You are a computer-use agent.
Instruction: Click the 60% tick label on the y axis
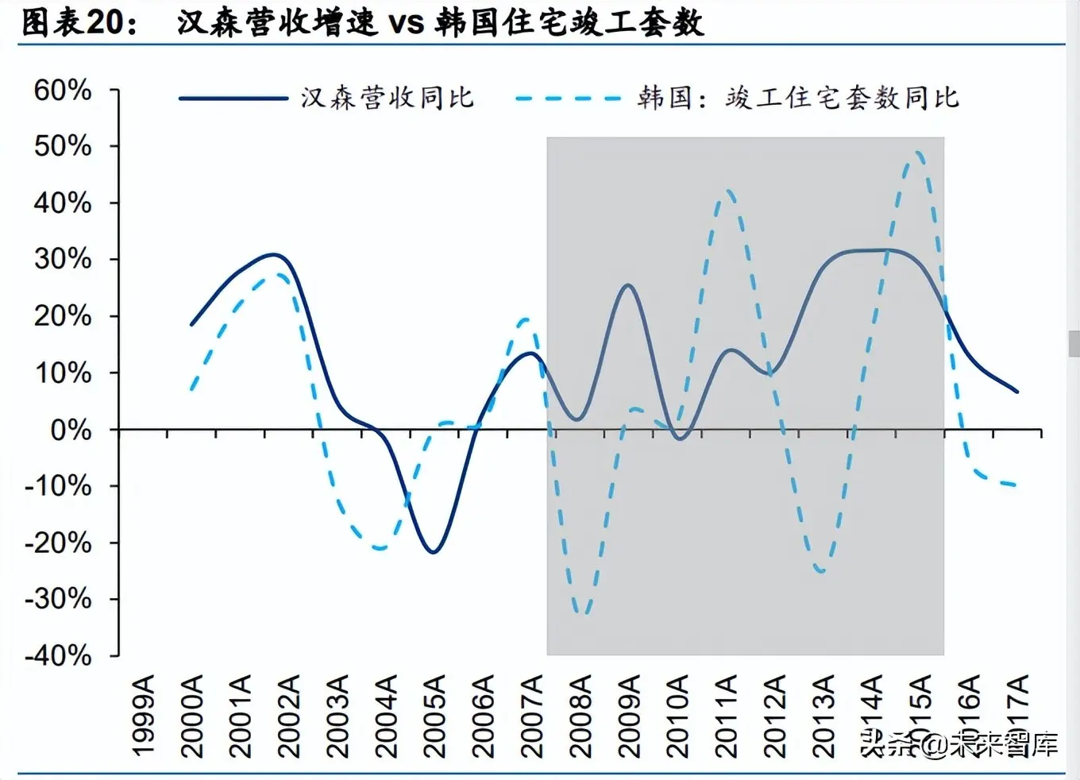[x=62, y=91]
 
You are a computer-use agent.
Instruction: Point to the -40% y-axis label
[x=58, y=656]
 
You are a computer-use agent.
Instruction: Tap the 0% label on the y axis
[x=71, y=431]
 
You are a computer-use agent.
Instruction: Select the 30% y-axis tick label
[x=62, y=260]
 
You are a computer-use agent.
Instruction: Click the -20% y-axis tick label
[x=58, y=543]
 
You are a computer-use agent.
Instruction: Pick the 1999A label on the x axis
[x=144, y=716]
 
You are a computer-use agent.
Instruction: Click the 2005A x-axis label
[x=434, y=716]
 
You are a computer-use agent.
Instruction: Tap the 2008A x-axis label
[x=580, y=716]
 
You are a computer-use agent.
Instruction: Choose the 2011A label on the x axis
[x=726, y=716]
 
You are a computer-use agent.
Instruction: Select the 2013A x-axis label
[x=823, y=716]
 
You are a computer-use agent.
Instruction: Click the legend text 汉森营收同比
[x=387, y=98]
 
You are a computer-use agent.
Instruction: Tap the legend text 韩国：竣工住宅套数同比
[x=798, y=98]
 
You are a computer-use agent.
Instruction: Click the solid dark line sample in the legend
[x=233, y=98]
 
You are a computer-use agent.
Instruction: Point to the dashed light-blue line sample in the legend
[x=567, y=98]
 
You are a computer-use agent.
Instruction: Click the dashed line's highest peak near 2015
[x=919, y=152]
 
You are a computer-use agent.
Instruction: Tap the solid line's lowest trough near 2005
[x=433, y=551]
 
